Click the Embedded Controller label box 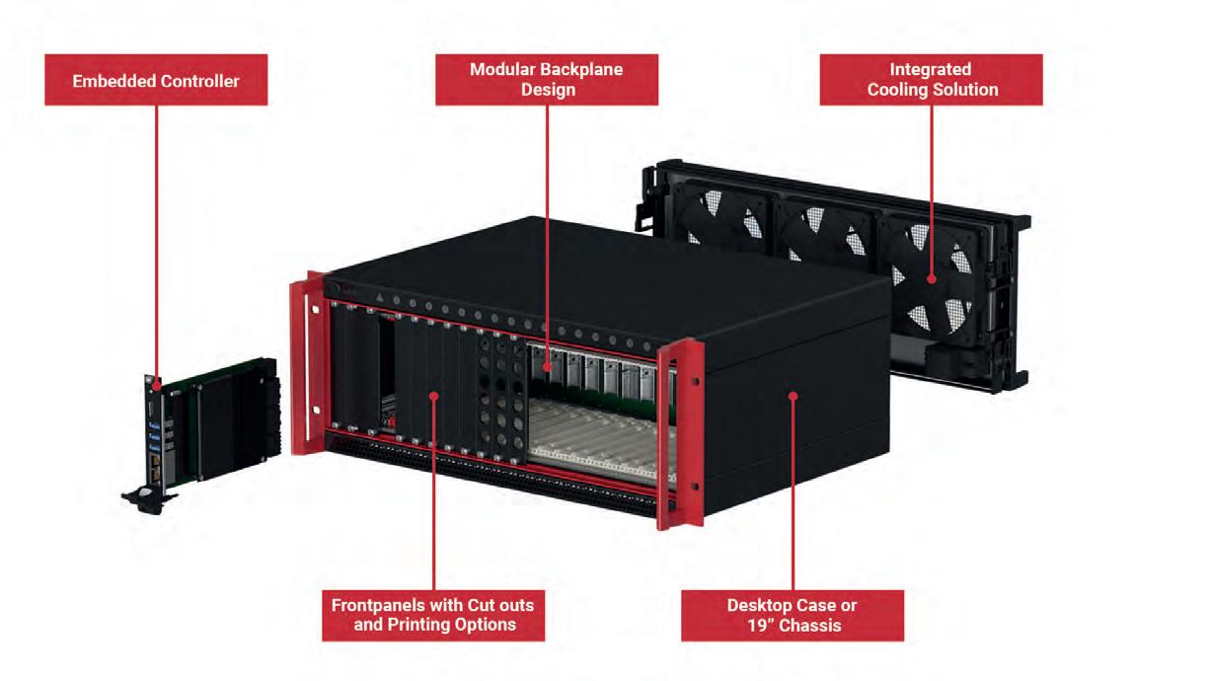(156, 80)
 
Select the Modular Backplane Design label (546, 79)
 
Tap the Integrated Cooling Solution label (931, 79)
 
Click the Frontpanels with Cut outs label (433, 615)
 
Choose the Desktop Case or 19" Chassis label (793, 615)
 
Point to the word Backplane (574, 69)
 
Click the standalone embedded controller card (212, 424)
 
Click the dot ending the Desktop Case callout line (793, 396)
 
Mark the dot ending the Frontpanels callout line (433, 396)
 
